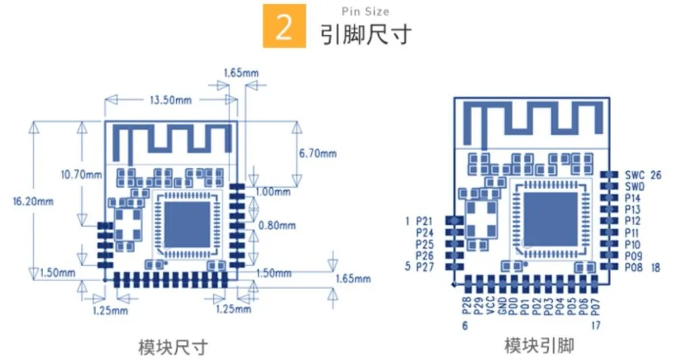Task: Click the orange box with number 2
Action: [x=284, y=26]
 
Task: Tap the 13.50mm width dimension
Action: [x=171, y=100]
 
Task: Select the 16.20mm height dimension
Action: [x=33, y=201]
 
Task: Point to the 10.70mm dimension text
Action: [x=82, y=174]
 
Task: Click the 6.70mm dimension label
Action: [x=318, y=153]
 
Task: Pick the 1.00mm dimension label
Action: [x=273, y=191]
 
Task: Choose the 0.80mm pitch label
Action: [x=277, y=225]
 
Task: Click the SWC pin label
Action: [x=635, y=175]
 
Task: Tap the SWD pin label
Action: [x=635, y=187]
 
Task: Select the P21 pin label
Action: [x=425, y=222]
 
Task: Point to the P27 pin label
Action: [x=425, y=267]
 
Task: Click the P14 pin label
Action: [x=633, y=198]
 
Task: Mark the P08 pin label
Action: [x=634, y=267]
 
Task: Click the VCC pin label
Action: [x=490, y=305]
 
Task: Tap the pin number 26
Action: [x=655, y=175]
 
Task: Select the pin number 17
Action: [x=595, y=326]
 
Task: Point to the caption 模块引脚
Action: [x=539, y=345]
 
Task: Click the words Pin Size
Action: [x=365, y=11]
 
